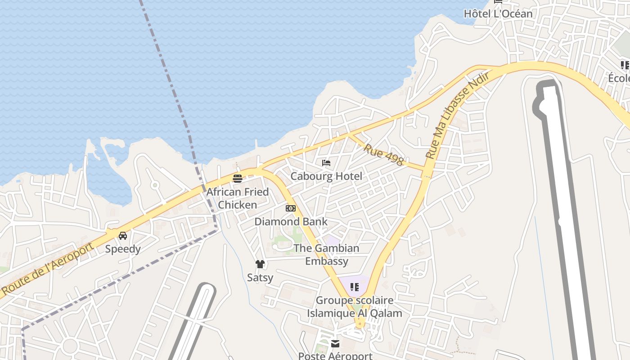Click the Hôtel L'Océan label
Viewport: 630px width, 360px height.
pos(498,14)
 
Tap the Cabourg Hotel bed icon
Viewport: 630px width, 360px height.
pos(327,163)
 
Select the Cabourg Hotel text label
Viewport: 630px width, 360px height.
pos(326,176)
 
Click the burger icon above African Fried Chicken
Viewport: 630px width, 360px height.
pos(238,178)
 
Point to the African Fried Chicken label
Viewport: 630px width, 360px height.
pos(238,198)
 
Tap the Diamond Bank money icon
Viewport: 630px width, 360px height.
pos(291,208)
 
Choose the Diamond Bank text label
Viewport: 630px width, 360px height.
pos(291,221)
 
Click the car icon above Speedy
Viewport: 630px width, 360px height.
pos(123,236)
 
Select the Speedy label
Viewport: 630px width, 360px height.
pos(123,249)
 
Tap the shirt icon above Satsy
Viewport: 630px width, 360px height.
pos(260,264)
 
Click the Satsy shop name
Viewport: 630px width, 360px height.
pos(260,278)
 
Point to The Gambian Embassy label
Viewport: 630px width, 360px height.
pos(327,255)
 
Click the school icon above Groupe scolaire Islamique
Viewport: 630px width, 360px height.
pos(355,287)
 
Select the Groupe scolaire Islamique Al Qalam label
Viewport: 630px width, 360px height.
pos(355,306)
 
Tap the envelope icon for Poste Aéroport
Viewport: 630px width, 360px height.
pos(335,344)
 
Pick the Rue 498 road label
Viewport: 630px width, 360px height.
pos(383,154)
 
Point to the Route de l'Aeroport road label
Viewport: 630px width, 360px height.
pos(47,269)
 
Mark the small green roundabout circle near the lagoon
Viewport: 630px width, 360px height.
pos(155,185)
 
